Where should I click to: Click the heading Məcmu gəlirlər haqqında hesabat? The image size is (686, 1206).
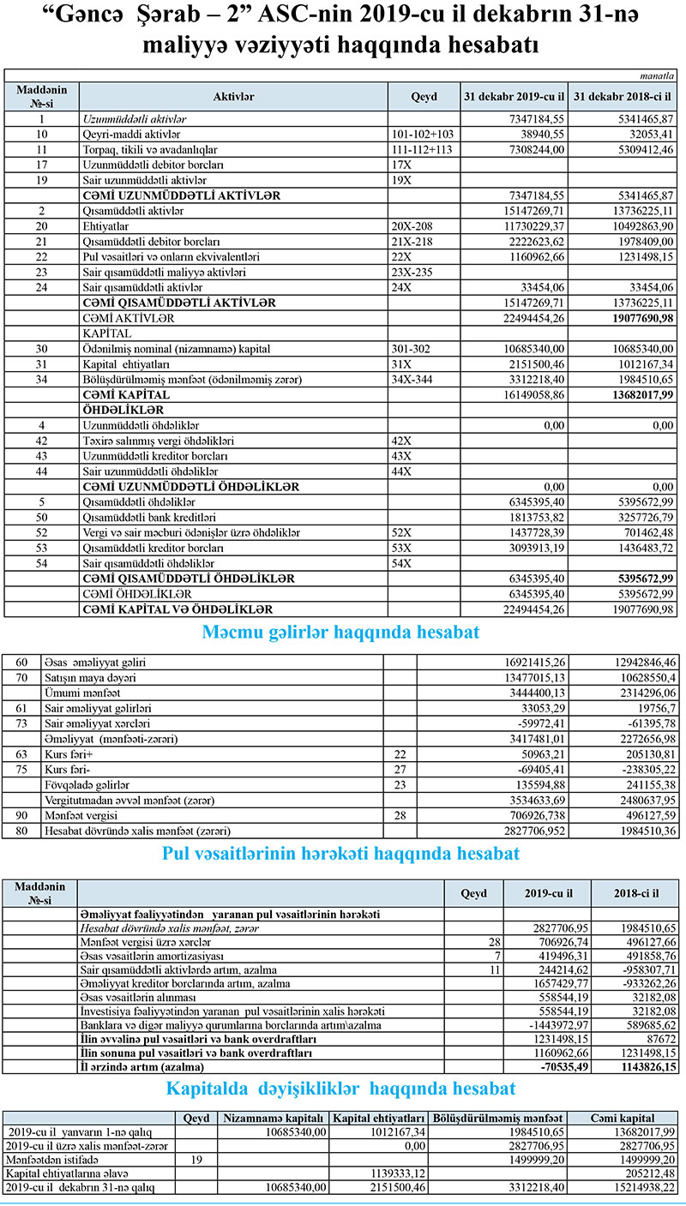340,633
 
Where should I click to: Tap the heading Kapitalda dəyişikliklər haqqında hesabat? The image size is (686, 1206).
342,1088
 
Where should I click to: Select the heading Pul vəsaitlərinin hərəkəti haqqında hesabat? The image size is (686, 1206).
340,854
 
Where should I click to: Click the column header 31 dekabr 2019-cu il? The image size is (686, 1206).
514,96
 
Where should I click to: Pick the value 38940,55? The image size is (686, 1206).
535,135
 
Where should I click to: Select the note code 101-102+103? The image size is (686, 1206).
422,135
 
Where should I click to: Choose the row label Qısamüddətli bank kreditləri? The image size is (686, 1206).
148,517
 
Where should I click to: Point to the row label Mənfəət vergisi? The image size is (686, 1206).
86,815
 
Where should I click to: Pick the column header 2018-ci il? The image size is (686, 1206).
637,892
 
